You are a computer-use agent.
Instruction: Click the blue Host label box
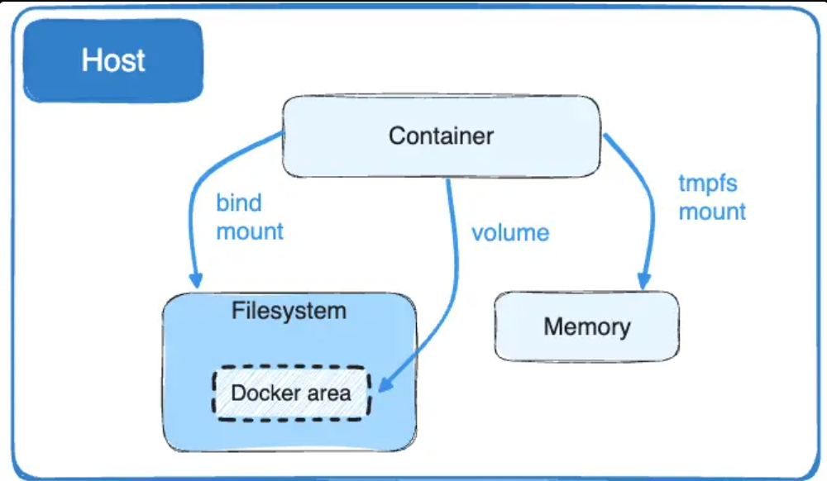coord(113,60)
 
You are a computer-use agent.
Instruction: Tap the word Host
coord(113,60)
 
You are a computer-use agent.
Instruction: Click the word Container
coord(441,136)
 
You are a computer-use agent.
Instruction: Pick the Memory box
coord(586,326)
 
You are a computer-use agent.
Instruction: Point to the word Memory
coord(586,326)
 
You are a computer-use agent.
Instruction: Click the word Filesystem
coord(289,312)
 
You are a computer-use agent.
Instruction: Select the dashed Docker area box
coord(291,393)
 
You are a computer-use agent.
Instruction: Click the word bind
coord(238,203)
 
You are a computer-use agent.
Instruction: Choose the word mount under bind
coord(250,231)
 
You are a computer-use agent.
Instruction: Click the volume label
coord(509,232)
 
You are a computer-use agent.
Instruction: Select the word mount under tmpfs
coord(712,212)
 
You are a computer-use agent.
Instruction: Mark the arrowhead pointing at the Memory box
coord(643,280)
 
